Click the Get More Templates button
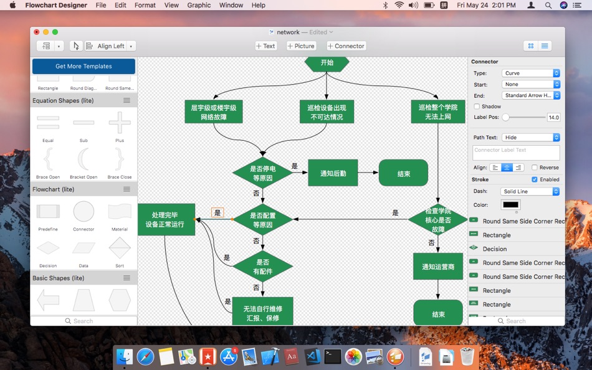pos(84,66)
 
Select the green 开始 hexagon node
pos(327,63)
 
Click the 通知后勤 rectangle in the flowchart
pos(333,173)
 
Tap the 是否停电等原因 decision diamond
pos(262,173)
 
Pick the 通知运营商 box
pos(438,267)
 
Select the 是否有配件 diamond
pos(262,267)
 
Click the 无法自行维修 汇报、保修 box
pos(262,313)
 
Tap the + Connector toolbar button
pos(346,46)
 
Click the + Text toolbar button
pos(265,46)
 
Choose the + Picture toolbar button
pos(301,46)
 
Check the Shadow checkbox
pos(477,107)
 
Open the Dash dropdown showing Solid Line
pos(530,191)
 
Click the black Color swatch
pos(510,205)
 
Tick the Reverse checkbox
pos(535,168)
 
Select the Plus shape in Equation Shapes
pos(120,123)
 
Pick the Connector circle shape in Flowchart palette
pos(84,212)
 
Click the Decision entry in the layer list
pos(495,249)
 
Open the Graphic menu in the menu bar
pos(199,5)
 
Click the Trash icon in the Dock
pos(467,356)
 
